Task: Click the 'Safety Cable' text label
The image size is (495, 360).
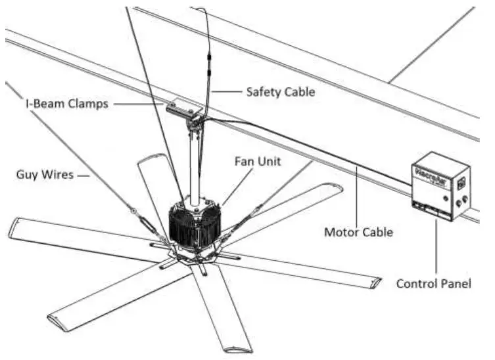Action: (280, 92)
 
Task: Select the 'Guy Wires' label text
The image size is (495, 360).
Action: (44, 175)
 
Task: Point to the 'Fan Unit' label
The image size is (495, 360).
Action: (255, 160)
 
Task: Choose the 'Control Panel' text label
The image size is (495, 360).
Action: (434, 284)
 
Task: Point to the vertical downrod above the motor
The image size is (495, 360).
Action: (195, 164)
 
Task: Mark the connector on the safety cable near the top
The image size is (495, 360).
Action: (208, 63)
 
